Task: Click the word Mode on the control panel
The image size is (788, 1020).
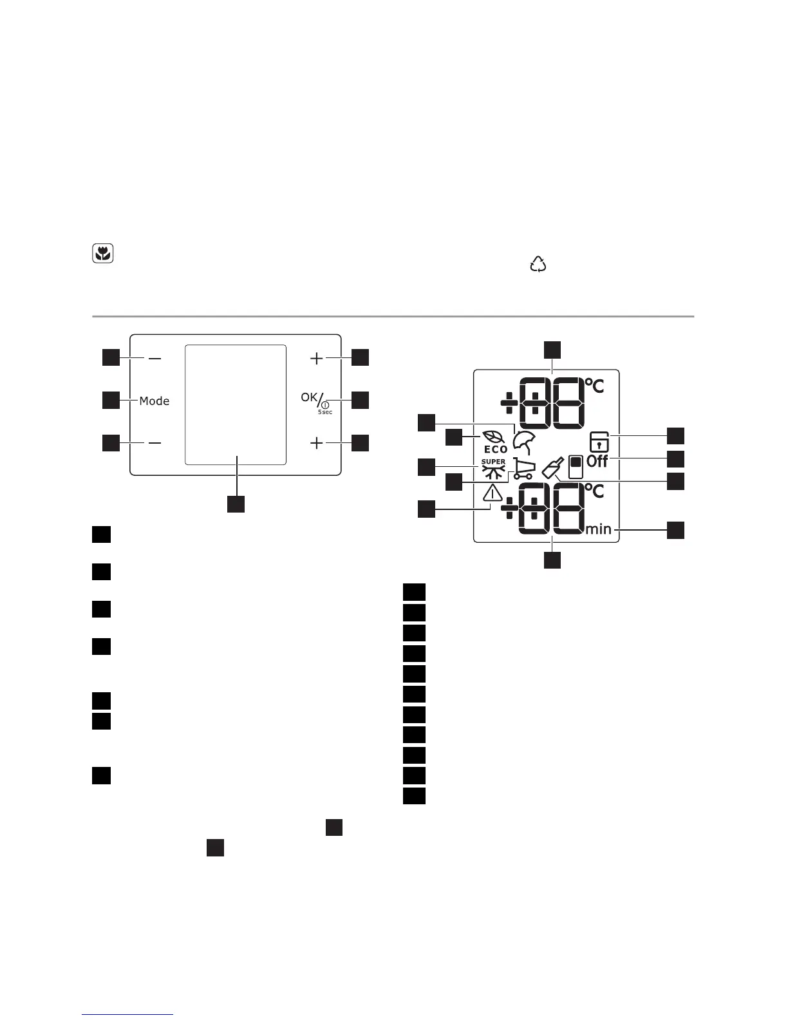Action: tap(155, 401)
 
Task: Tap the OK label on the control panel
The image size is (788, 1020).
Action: tap(309, 397)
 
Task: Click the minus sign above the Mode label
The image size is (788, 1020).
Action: tap(155, 358)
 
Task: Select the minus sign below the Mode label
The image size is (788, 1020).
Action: tap(155, 443)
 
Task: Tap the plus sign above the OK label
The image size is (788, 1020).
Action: tap(316, 358)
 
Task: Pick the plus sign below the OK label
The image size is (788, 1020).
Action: tap(316, 444)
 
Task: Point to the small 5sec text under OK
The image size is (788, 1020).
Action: tap(325, 412)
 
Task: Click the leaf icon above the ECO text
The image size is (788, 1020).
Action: tap(493, 436)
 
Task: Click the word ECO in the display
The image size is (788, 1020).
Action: tap(496, 449)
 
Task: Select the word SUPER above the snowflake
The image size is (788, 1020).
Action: tap(494, 462)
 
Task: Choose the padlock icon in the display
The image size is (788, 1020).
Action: tap(599, 442)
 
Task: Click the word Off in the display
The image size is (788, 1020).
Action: tap(598, 461)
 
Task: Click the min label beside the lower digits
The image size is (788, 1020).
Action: tap(599, 529)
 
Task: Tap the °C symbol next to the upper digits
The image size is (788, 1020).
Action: tap(595, 386)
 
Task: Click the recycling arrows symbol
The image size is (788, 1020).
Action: tap(538, 264)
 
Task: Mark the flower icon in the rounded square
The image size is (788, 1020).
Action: tap(103, 254)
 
